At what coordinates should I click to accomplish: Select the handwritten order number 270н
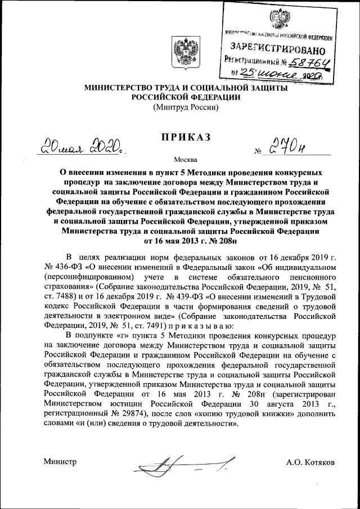click(289, 147)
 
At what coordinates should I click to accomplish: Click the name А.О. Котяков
click(310, 462)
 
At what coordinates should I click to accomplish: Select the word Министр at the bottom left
click(60, 462)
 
